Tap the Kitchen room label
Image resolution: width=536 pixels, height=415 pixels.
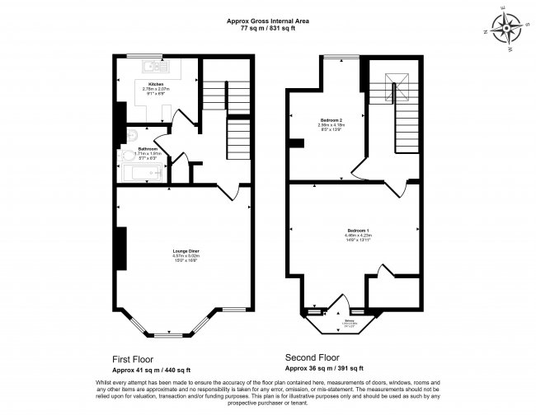coord(156,85)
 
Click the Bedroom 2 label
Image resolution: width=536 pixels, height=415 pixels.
coord(331,121)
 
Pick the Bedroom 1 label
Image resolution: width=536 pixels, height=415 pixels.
coord(357,228)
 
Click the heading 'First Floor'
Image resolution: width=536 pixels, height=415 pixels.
coord(134,359)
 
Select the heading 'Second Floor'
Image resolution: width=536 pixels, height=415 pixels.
coord(312,358)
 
